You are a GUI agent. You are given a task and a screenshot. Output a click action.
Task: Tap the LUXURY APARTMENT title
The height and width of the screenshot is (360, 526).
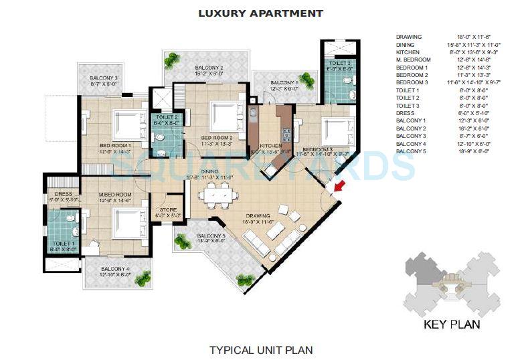point(261,13)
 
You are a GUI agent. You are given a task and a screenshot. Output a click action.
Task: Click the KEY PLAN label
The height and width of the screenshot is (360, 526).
point(452,326)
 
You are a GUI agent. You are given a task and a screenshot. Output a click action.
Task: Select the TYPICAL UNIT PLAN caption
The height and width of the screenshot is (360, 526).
point(261,349)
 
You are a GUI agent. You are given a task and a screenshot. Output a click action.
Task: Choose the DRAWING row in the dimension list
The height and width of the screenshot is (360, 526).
point(409,37)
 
